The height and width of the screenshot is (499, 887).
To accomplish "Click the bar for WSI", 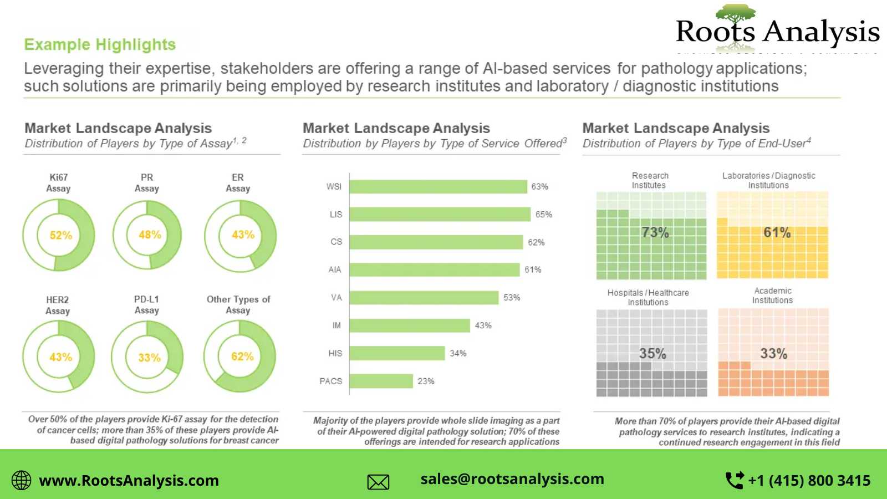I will (x=438, y=187).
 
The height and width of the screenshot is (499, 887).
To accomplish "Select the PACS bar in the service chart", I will (x=381, y=381).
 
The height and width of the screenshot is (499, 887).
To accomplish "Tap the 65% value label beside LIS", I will (x=543, y=215).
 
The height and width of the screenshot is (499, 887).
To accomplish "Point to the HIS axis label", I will (x=335, y=353).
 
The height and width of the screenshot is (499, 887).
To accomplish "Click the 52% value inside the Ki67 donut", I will (x=60, y=235).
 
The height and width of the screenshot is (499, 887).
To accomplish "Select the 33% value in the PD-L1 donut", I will (x=149, y=358).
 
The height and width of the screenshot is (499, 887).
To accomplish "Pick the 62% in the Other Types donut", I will (x=242, y=357).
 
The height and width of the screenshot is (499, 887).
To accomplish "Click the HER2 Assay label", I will (x=58, y=305).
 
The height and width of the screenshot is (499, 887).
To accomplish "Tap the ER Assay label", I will (x=238, y=183).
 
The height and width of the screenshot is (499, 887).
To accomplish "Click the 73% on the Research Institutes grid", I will (x=655, y=232).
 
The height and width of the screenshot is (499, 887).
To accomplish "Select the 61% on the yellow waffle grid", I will (x=777, y=232).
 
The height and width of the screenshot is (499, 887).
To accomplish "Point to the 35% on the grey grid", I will (x=652, y=353).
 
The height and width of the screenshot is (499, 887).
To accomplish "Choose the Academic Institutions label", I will (x=772, y=296).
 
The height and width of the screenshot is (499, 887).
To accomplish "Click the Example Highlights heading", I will (x=100, y=44).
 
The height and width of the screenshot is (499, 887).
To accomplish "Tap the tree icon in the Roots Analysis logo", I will (x=735, y=14).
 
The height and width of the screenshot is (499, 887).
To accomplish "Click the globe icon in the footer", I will (x=22, y=480).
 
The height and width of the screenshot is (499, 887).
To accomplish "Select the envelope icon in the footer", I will (x=378, y=482).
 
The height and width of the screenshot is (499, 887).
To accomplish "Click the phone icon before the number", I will (x=735, y=480).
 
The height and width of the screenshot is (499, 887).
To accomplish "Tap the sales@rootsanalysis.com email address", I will (x=512, y=479).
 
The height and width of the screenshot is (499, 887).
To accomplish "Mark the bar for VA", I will (x=424, y=298).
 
